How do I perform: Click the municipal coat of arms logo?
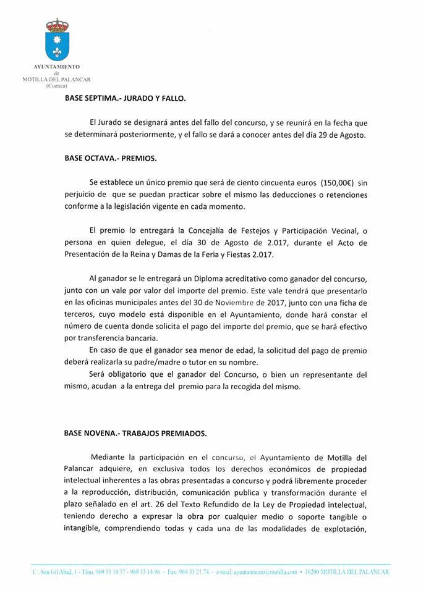pyautogui.click(x=58, y=40)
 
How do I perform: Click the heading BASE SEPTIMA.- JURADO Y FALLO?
pyautogui.click(x=125, y=98)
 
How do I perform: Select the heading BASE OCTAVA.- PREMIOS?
pyautogui.click(x=111, y=158)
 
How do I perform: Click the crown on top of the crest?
pyautogui.click(x=58, y=25)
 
